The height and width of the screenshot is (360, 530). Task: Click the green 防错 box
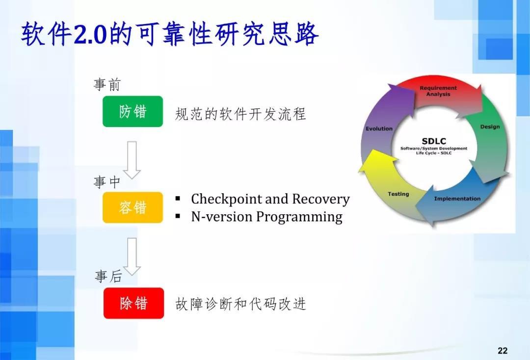132,112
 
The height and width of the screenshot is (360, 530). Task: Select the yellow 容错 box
132,207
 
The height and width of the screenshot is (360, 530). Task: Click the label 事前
107,85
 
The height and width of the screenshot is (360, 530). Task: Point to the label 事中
107,182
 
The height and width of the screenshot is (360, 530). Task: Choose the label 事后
108,277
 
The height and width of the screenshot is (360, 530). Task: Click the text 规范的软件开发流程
240,114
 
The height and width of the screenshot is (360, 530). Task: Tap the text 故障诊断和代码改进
240,304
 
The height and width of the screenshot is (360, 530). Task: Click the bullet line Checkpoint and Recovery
270,199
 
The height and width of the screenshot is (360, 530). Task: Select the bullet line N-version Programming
266,216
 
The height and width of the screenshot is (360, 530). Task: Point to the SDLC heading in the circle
434,141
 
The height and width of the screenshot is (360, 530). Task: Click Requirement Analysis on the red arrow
438,91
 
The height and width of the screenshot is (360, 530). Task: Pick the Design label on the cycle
490,127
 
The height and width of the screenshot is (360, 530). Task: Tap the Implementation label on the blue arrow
457,199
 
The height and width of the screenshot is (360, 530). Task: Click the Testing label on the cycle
398,194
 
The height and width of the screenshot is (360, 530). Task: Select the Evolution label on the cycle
379,129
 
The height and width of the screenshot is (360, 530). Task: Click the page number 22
503,350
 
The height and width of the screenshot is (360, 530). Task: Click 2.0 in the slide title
90,35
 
